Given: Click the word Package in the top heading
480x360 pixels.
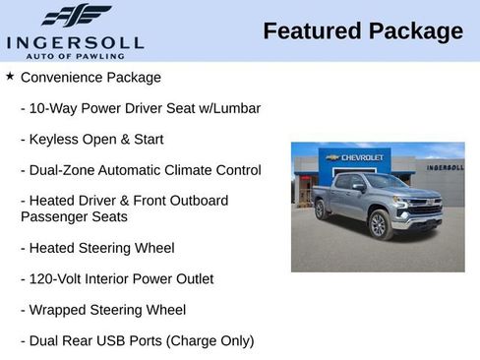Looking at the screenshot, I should tap(415, 31).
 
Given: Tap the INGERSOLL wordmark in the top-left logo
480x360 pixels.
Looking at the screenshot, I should tap(75, 42).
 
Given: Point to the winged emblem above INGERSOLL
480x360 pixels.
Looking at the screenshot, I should tap(76, 16).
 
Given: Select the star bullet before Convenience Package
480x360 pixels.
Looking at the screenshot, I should tap(10, 76).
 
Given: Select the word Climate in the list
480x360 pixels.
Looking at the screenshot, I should tap(206, 170).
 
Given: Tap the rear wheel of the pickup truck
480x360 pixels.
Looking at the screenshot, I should tap(320, 210).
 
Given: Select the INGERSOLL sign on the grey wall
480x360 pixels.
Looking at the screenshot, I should tap(445, 167).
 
